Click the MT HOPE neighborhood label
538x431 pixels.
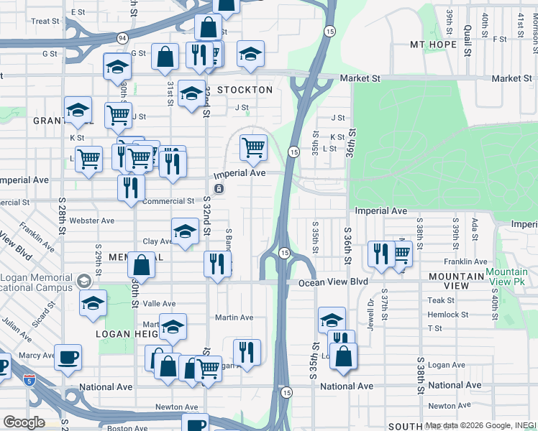434,45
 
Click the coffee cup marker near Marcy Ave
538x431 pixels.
68,358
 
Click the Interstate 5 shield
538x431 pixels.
29,379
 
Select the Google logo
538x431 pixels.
24,422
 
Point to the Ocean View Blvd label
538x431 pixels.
329,283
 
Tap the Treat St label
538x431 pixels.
45,22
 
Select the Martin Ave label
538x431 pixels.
234,318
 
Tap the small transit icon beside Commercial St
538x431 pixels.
219,189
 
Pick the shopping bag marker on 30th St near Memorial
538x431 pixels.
142,264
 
